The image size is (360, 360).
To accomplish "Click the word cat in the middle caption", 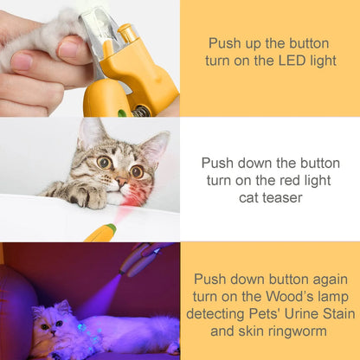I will [246, 197].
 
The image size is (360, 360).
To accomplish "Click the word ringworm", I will [298, 331].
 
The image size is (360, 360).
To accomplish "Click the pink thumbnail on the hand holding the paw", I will [22, 61].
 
